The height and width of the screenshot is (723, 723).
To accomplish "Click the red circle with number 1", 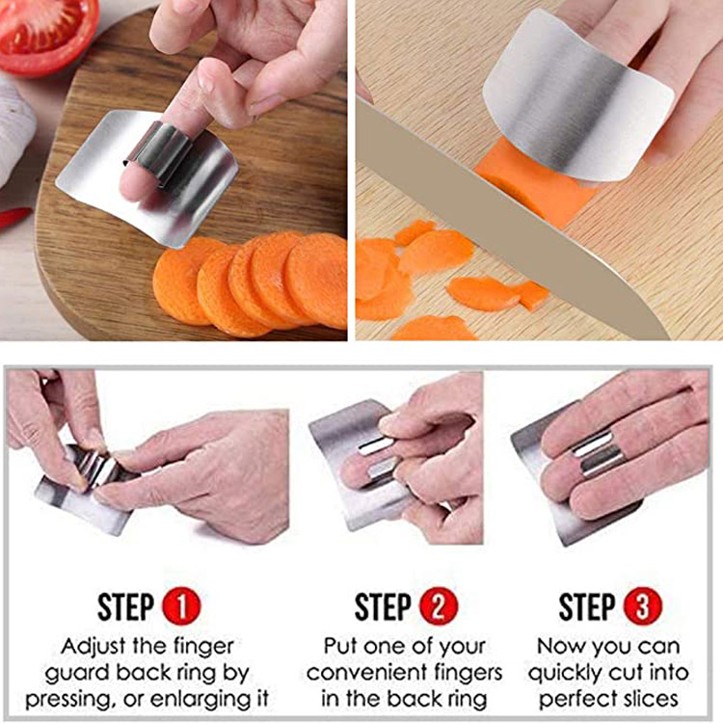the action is (181, 606).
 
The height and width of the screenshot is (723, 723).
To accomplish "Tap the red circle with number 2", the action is (439, 606).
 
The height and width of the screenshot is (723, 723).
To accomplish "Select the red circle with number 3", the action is (642, 606).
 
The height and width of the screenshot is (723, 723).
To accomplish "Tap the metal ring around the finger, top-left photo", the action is (159, 153).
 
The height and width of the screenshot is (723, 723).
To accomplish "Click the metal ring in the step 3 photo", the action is (597, 453).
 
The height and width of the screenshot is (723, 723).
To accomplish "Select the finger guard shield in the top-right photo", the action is (576, 96).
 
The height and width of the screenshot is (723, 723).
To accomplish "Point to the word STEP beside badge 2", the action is (383, 606).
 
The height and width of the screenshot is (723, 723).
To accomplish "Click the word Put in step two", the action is (340, 647).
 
